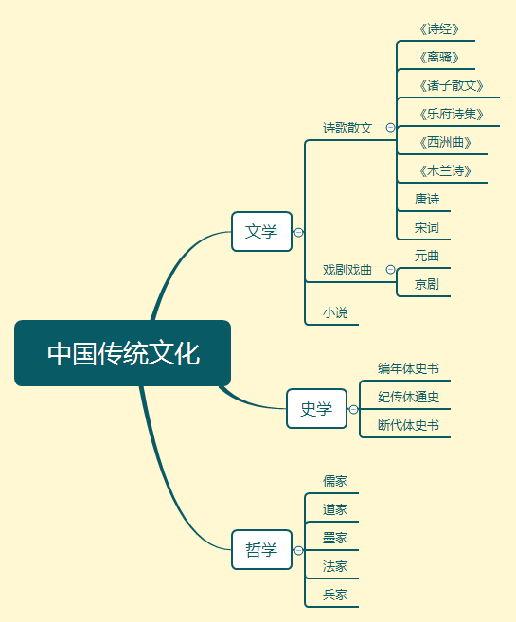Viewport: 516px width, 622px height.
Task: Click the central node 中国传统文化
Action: point(123,353)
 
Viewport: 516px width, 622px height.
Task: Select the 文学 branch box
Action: point(261,231)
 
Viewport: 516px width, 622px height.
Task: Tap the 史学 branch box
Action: point(316,409)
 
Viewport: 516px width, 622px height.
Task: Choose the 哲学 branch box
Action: point(261,550)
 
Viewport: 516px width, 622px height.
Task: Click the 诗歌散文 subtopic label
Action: point(347,128)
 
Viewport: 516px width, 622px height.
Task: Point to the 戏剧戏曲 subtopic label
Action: point(347,270)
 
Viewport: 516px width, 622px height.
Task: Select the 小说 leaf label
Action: point(334,312)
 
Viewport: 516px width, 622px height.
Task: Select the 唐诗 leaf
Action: point(427,200)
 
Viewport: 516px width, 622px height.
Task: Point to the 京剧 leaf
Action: point(427,284)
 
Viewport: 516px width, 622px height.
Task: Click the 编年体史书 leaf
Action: point(408,368)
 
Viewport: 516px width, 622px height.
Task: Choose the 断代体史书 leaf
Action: point(408,425)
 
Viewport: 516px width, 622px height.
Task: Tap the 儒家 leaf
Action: point(335,481)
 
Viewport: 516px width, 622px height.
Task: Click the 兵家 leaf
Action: point(335,595)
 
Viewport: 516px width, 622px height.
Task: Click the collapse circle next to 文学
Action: point(299,232)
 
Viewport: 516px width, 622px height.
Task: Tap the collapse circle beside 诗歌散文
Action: point(390,128)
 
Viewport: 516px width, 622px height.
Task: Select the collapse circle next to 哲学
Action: point(299,550)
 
